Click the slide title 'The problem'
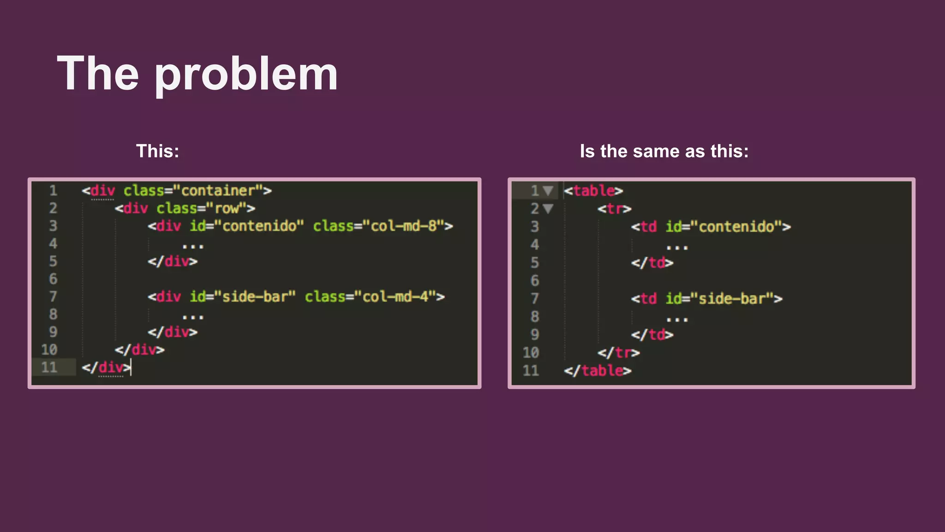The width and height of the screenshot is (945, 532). (x=197, y=74)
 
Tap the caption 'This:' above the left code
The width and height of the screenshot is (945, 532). (x=157, y=151)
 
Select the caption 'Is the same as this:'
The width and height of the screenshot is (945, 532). (x=664, y=151)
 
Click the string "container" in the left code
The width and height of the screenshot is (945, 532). (x=218, y=190)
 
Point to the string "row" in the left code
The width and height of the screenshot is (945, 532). (x=227, y=208)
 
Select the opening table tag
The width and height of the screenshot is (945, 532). (x=593, y=190)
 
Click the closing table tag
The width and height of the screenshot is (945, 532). (x=598, y=370)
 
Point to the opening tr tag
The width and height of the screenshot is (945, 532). (x=614, y=209)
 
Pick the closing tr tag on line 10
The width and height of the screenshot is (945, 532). (x=618, y=353)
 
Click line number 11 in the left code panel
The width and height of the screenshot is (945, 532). (x=49, y=367)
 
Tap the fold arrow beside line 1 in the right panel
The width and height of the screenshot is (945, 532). (x=548, y=190)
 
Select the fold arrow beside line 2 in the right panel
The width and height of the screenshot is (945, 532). (x=548, y=209)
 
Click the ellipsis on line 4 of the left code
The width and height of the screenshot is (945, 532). (x=193, y=246)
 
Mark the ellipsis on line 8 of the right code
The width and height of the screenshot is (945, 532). (x=677, y=319)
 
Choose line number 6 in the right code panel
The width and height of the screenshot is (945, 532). (x=534, y=280)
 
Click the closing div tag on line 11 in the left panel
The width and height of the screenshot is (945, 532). (x=107, y=367)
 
